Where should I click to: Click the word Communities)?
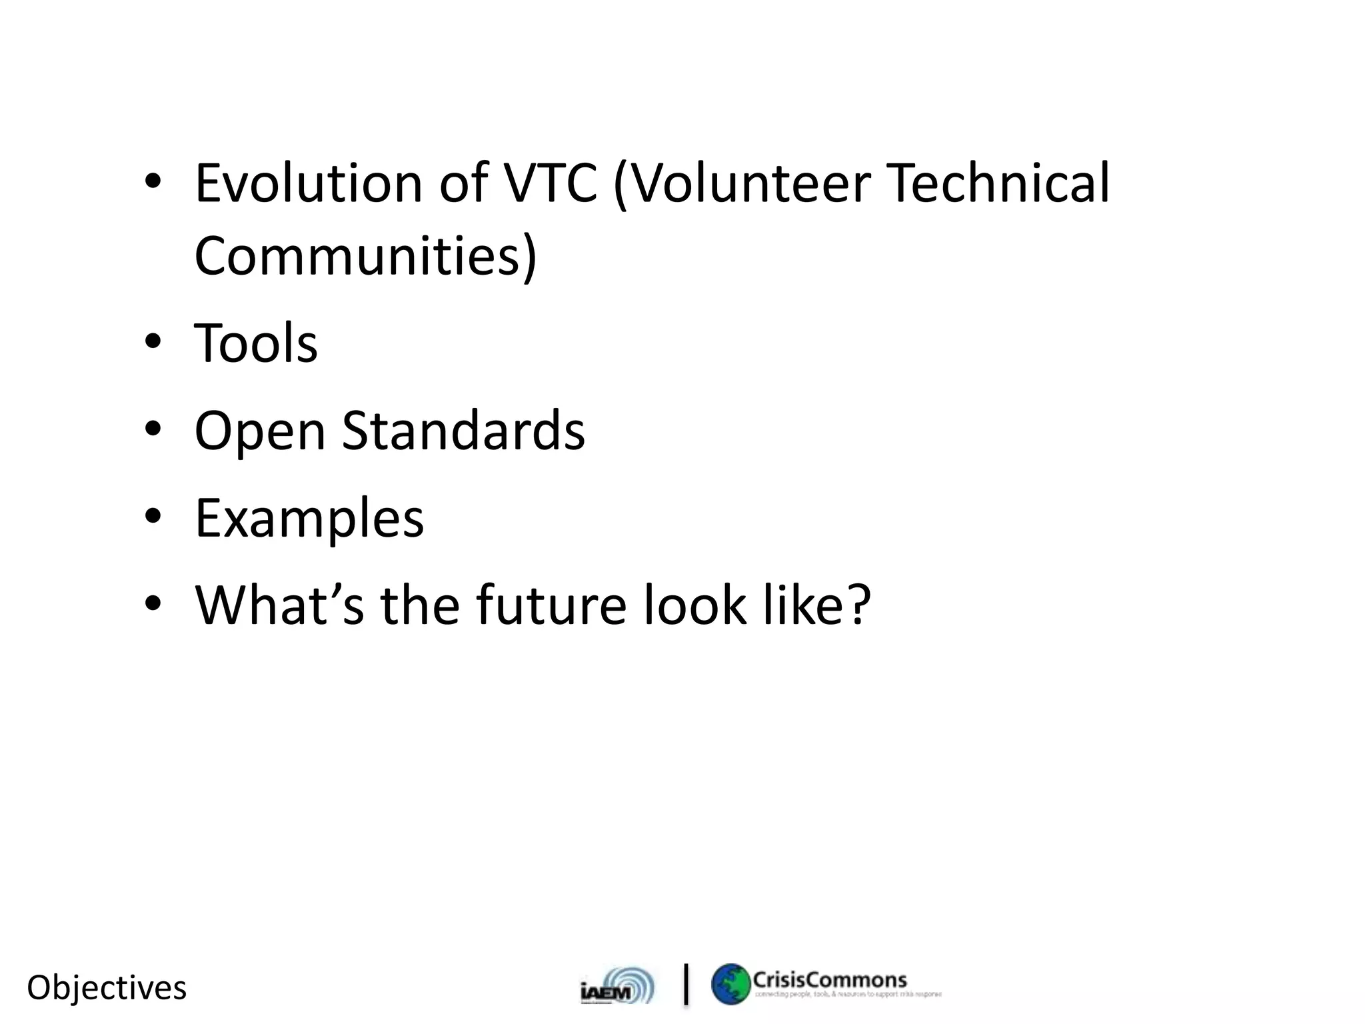point(365,256)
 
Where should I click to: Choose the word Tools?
point(256,343)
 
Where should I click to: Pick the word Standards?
point(463,431)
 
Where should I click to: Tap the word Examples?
point(309,519)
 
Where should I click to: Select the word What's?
point(279,605)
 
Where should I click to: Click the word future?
point(551,605)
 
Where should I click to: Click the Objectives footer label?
point(107,987)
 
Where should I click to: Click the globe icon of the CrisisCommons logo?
point(730,984)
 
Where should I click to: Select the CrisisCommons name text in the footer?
point(830,979)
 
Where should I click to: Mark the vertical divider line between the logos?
point(686,983)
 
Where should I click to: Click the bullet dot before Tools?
point(153,342)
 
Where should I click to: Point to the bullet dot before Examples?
point(153,517)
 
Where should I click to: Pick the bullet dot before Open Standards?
point(153,429)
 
